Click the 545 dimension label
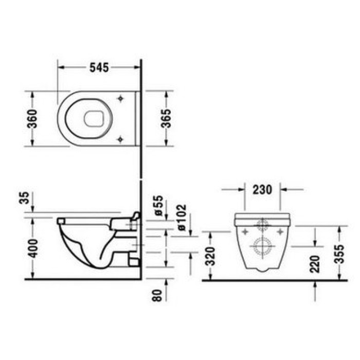[98, 67]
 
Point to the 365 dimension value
[167, 119]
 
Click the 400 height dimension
[32, 248]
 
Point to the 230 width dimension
[262, 189]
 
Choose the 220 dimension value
[315, 263]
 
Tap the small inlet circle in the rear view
[263, 224]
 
